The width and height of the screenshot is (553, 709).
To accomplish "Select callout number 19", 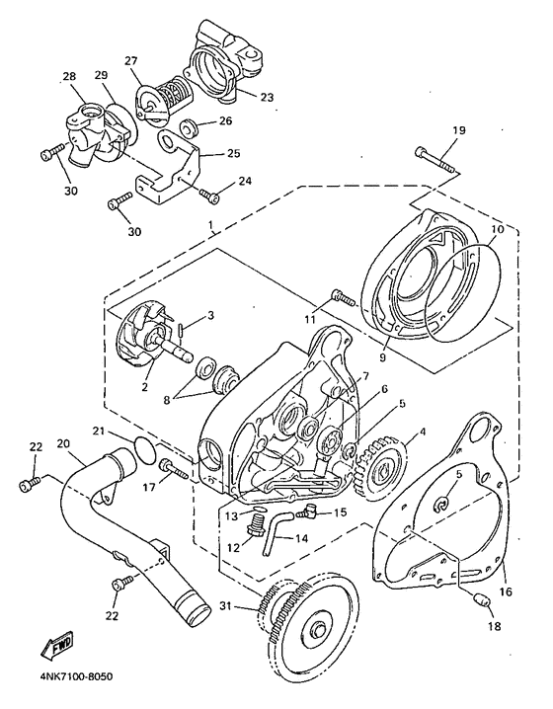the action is point(458,130).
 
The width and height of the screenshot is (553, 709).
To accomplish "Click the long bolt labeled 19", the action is point(437,161).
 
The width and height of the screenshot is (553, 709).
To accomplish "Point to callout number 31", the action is point(228,605).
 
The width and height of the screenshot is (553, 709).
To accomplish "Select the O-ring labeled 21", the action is point(145,449).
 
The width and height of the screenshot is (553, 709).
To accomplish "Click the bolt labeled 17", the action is point(174,469).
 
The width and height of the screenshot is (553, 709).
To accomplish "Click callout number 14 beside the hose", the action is point(301,538).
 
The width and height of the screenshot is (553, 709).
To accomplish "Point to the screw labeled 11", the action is point(344,296).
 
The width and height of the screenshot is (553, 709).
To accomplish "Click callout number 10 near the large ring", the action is point(497,229).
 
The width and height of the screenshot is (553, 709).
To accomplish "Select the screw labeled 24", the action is point(209,196).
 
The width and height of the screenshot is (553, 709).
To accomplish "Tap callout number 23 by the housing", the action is point(268,97).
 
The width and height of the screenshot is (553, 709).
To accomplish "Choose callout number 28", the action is point(69,76).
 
